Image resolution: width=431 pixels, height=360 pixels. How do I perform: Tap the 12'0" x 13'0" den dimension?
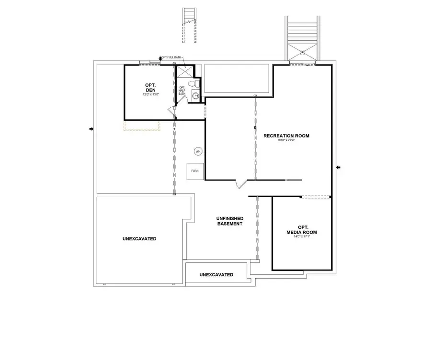[150, 95]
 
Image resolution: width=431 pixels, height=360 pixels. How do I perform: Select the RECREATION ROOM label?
[286, 135]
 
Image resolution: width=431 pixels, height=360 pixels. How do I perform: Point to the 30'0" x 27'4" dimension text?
[286, 141]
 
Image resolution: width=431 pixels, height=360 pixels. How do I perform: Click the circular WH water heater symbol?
[198, 151]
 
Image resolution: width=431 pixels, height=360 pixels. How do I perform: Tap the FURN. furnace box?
[195, 171]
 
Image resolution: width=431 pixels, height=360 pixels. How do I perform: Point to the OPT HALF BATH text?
[182, 90]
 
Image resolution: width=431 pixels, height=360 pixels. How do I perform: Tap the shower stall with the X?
[184, 71]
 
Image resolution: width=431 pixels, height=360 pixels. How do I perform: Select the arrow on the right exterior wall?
[338, 167]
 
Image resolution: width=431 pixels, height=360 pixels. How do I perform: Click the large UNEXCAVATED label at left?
[139, 238]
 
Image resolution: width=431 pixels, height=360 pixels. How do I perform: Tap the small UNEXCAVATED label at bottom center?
[216, 275]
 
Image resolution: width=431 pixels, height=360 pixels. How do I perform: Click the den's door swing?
[171, 112]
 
